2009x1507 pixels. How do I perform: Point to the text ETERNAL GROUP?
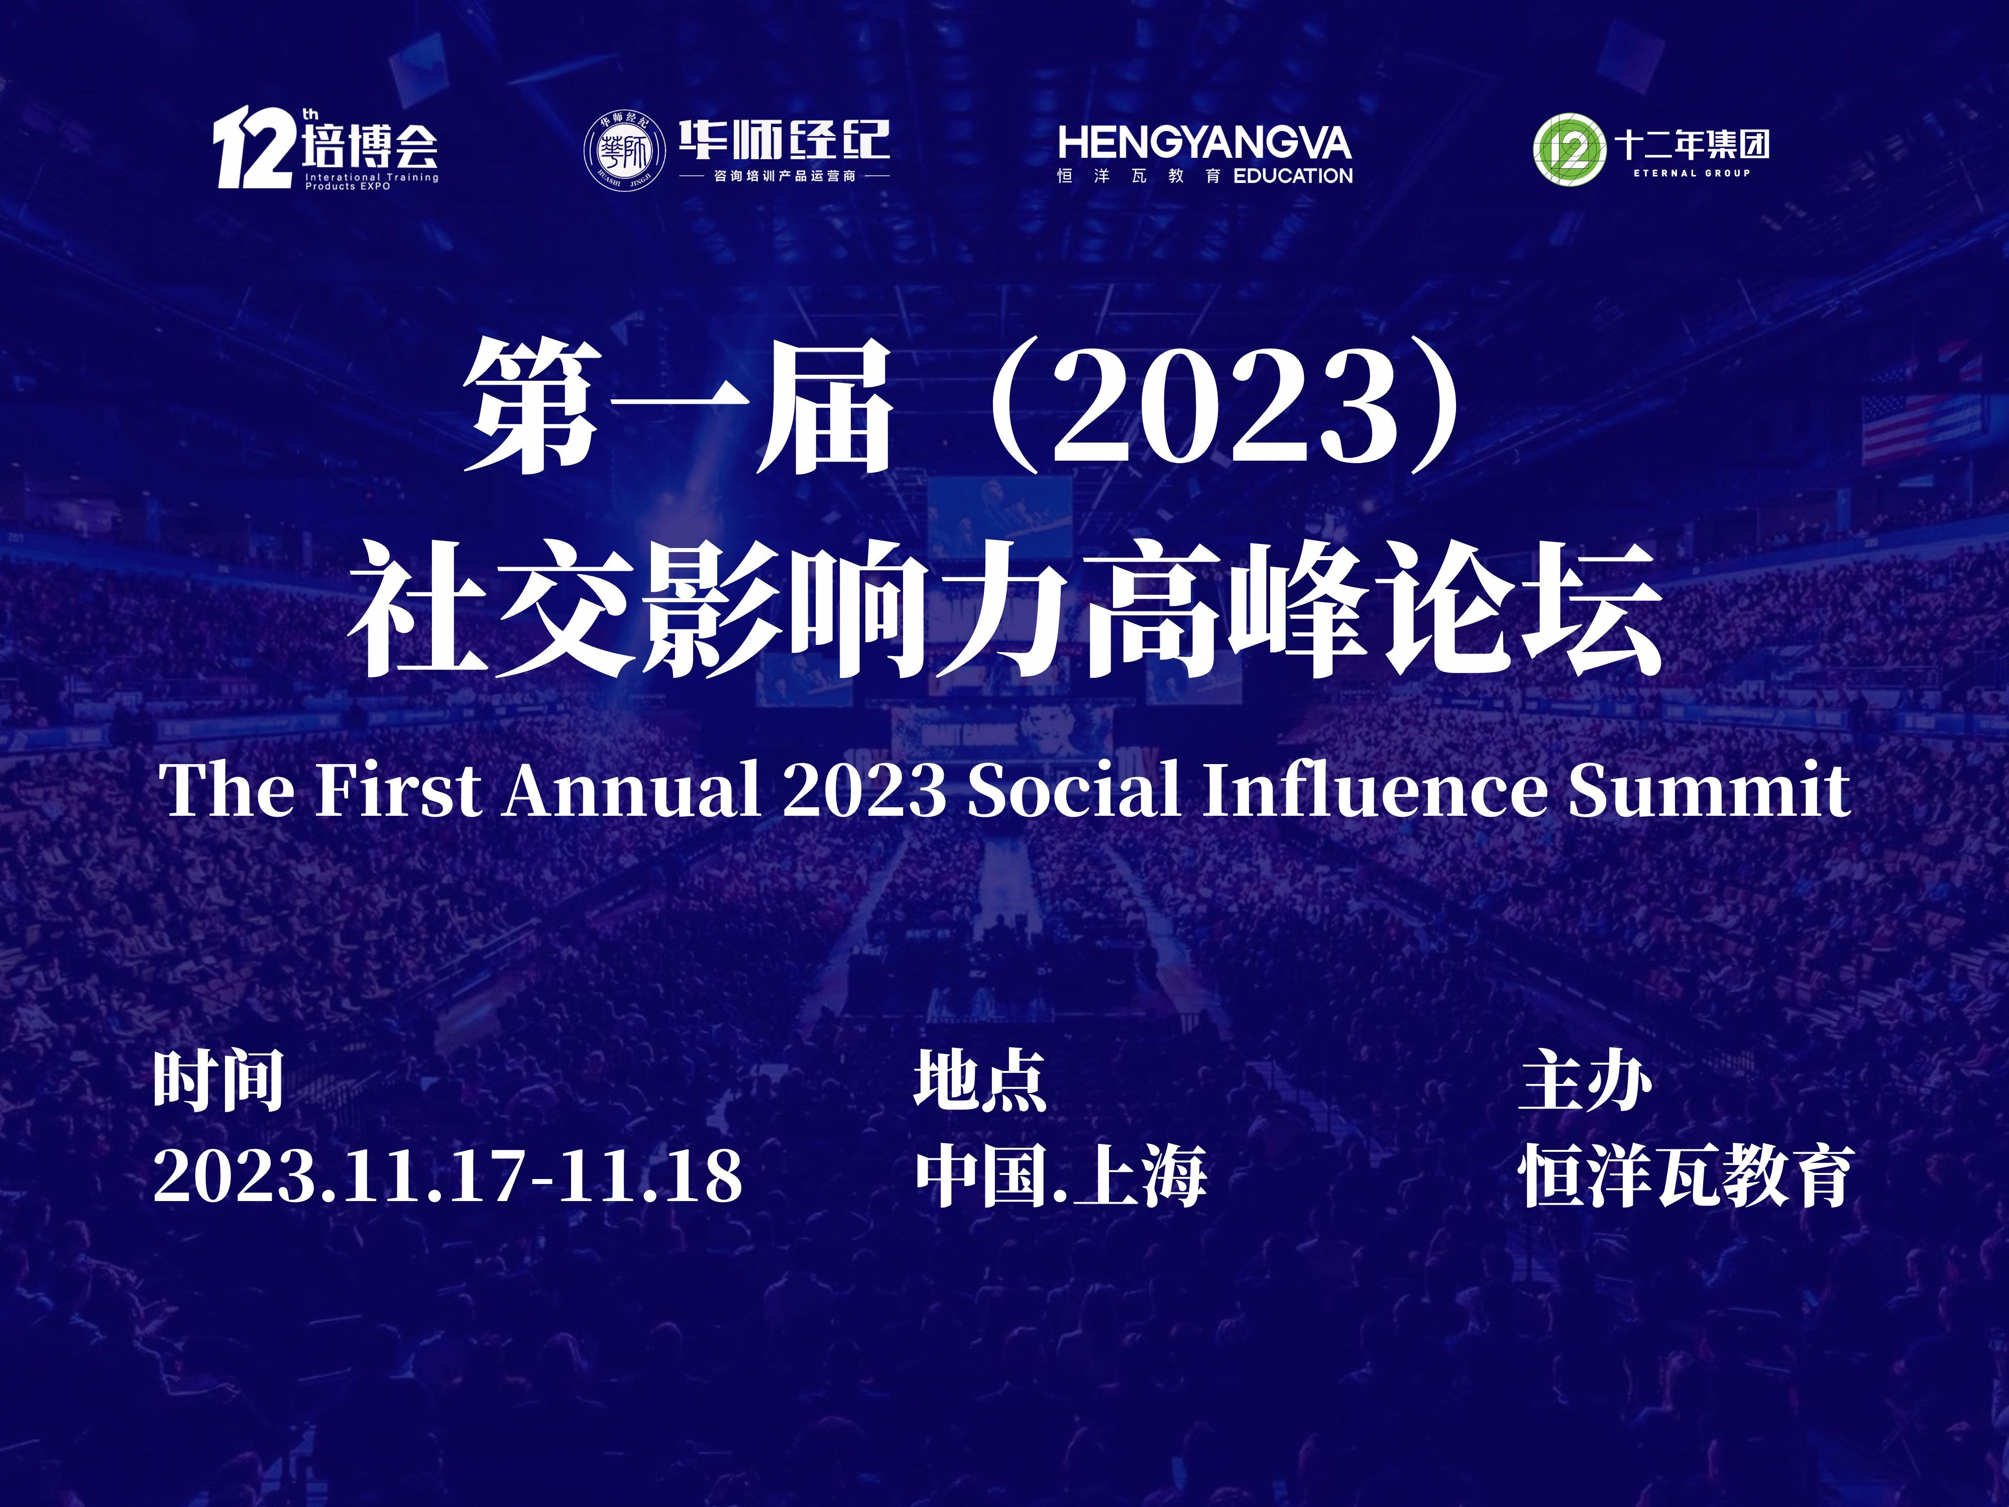click(x=1691, y=173)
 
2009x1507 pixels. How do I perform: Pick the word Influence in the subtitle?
click(x=1375, y=789)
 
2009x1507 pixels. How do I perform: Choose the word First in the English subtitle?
click(x=397, y=789)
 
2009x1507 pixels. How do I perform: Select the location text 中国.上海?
click(x=1061, y=1175)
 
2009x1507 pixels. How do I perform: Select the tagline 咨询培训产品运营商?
click(x=785, y=175)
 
